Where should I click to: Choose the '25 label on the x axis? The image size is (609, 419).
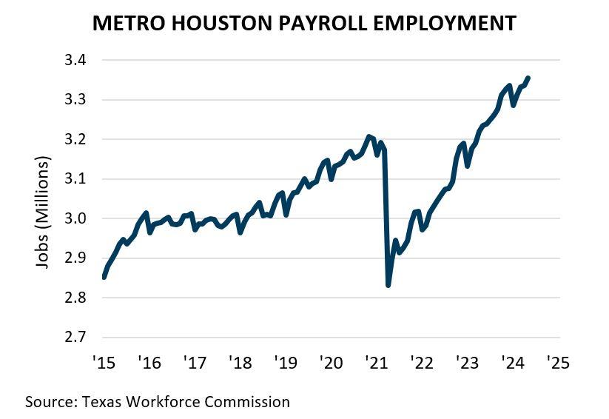(x=556, y=363)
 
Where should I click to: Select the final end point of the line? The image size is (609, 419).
(x=528, y=78)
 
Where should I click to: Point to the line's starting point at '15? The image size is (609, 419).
(x=104, y=278)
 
